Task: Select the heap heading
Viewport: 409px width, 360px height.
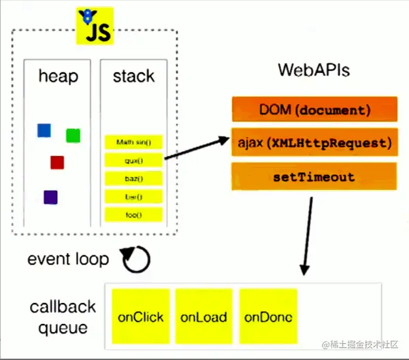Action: [58, 76]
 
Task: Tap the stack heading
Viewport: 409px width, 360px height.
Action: [133, 76]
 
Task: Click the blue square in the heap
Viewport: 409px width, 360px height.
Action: [44, 130]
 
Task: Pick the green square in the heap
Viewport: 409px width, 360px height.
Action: [73, 135]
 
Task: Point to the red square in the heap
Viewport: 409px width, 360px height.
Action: [57, 162]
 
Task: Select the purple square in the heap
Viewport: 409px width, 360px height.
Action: [50, 197]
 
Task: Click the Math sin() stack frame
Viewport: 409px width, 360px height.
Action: [133, 142]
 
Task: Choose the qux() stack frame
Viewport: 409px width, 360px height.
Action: [133, 161]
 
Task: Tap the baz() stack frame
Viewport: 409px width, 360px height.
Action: [133, 179]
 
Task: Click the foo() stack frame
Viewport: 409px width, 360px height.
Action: [133, 215]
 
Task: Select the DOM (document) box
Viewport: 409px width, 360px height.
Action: [314, 110]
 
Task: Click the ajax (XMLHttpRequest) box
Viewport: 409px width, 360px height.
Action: [314, 143]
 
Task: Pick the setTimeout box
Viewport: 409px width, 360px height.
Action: [314, 177]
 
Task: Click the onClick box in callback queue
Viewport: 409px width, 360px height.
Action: [140, 317]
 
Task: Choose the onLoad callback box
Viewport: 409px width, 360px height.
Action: [203, 317]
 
